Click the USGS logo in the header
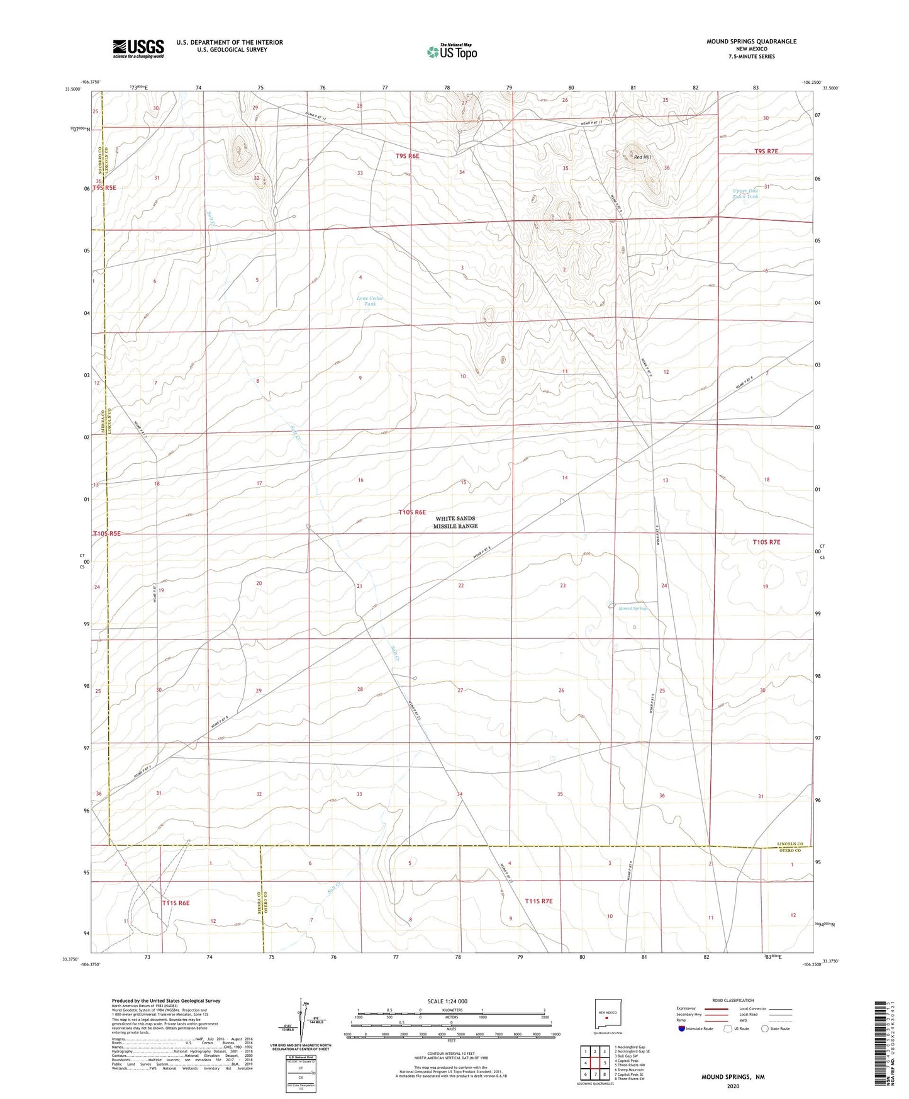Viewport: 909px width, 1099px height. (x=138, y=48)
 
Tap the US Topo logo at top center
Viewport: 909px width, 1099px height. (x=451, y=52)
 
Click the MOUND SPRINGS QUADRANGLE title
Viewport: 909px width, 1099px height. (x=751, y=42)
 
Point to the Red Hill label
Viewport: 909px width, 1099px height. (x=642, y=157)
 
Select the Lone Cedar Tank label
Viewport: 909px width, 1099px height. (x=370, y=301)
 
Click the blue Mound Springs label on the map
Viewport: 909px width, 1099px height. (x=632, y=608)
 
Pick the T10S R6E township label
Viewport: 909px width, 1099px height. (x=412, y=512)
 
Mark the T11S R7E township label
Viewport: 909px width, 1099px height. (x=538, y=901)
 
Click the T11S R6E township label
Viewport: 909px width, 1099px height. (x=176, y=903)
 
